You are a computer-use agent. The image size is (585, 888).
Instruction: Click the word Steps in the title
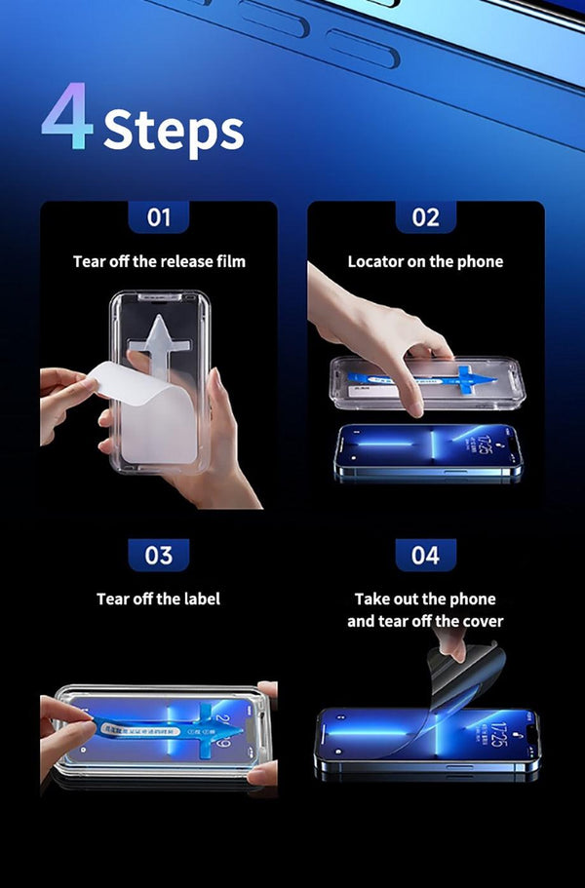[174, 131]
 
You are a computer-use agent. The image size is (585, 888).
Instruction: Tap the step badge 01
[159, 217]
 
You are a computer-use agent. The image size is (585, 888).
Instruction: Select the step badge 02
[425, 217]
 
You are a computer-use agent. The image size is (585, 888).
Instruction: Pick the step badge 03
[159, 555]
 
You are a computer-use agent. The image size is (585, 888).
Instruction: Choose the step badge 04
[425, 555]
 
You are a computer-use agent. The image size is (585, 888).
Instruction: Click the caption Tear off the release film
[159, 261]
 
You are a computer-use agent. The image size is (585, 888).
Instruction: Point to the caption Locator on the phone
[425, 261]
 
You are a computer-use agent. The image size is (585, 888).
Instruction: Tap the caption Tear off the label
[158, 598]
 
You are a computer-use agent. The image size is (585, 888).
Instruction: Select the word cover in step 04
[483, 621]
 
